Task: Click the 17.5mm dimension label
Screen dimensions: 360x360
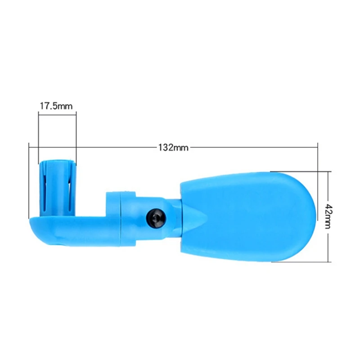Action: click(x=56, y=107)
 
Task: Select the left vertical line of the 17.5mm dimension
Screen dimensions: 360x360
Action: click(x=38, y=135)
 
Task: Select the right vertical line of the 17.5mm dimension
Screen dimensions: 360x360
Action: click(x=76, y=135)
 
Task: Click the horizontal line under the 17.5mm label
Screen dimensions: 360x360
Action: click(x=57, y=114)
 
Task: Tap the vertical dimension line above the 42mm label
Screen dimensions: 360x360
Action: click(x=328, y=189)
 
